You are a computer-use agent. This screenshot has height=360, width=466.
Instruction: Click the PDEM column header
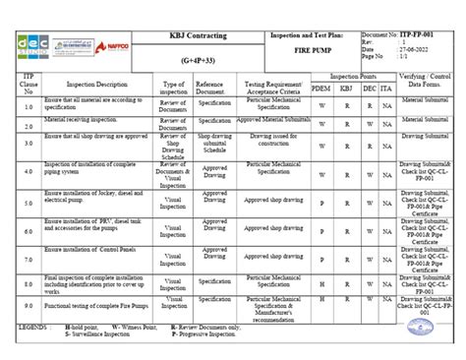click(320, 89)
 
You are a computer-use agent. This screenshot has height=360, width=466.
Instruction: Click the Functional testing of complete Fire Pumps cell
click(95, 307)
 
